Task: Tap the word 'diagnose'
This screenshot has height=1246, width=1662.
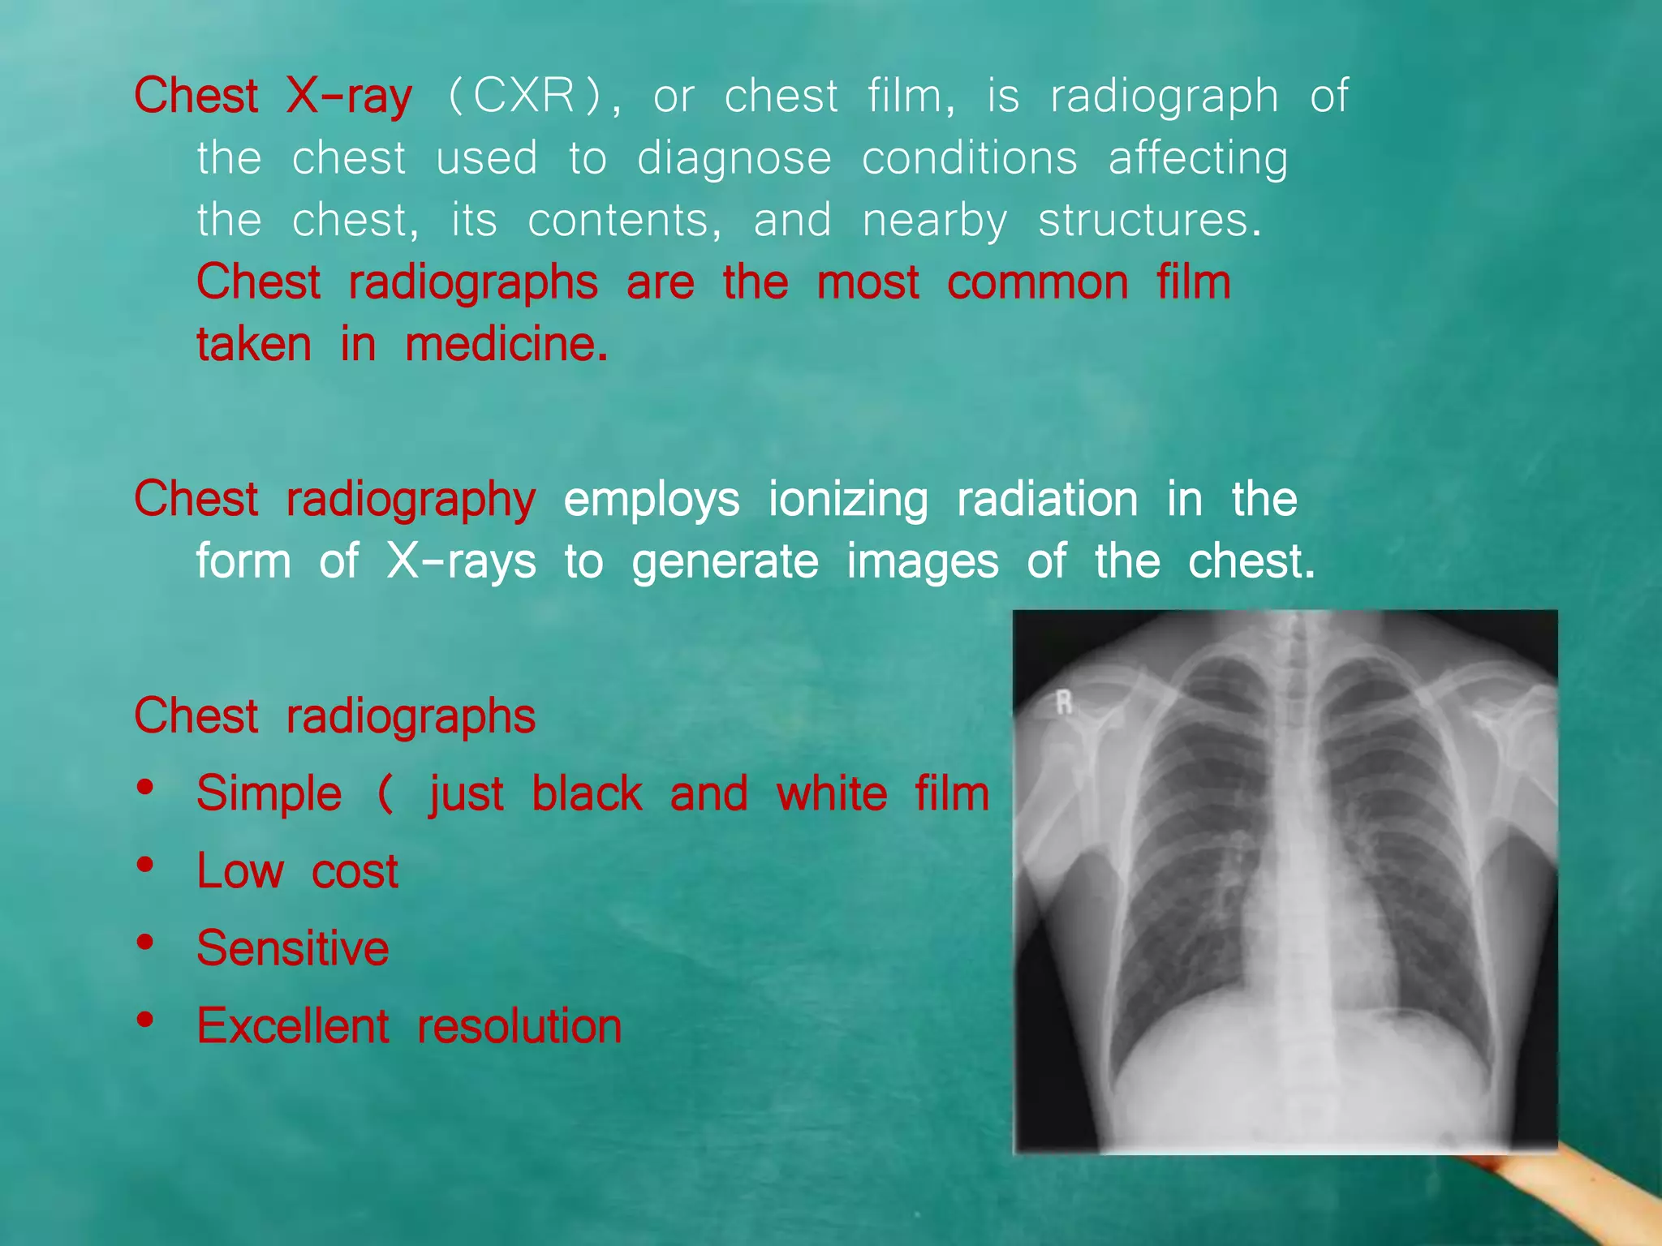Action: pyautogui.click(x=734, y=158)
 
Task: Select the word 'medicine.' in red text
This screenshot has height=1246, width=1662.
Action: pyautogui.click(x=506, y=345)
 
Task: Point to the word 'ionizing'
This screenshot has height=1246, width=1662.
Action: pyautogui.click(x=847, y=500)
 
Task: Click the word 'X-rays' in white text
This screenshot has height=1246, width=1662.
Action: pyautogui.click(x=461, y=561)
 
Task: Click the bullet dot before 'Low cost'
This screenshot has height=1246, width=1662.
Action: pyautogui.click(x=146, y=865)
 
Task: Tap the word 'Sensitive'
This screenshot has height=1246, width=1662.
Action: pyautogui.click(x=293, y=948)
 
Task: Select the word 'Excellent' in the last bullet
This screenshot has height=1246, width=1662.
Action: pyautogui.click(x=293, y=1026)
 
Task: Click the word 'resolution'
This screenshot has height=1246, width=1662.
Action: pyautogui.click(x=519, y=1026)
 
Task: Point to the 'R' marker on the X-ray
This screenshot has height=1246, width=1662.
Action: pyautogui.click(x=1064, y=702)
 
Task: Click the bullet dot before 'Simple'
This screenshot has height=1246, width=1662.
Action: pyautogui.click(x=146, y=788)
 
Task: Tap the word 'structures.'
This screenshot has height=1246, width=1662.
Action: pyautogui.click(x=1150, y=221)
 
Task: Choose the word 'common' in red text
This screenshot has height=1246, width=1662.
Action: pyautogui.click(x=1038, y=283)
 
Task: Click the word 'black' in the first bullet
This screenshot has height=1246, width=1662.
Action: pyautogui.click(x=587, y=793)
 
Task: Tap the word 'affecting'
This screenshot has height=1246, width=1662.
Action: pyautogui.click(x=1198, y=158)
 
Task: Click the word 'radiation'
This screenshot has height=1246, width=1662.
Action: pyautogui.click(x=1047, y=500)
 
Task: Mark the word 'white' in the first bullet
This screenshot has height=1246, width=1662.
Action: pyautogui.click(x=832, y=793)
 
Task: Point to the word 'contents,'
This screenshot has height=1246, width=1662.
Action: pyautogui.click(x=624, y=221)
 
